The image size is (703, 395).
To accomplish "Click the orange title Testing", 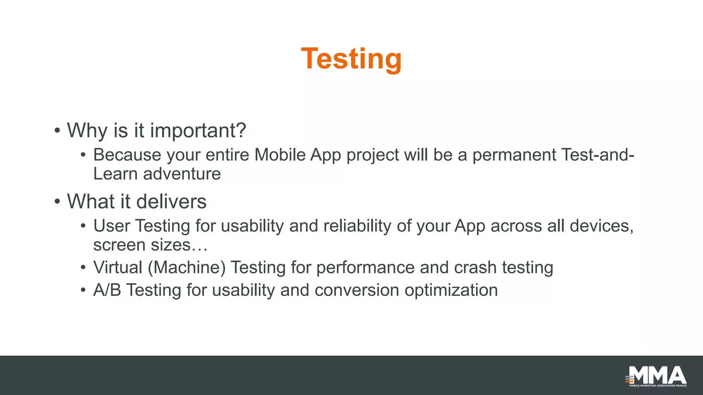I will [x=351, y=59].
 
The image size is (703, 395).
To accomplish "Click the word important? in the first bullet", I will [x=198, y=131].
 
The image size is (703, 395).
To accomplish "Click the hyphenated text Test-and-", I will [x=598, y=155].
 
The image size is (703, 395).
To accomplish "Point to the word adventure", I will [x=182, y=174].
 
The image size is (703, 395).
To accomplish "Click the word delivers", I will [x=171, y=202].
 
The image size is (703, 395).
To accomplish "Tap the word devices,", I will [x=601, y=226].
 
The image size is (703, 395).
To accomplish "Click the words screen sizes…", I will [x=150, y=245].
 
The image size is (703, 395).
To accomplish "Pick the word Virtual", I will [x=118, y=267].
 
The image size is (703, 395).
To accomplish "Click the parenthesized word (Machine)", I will [x=187, y=267].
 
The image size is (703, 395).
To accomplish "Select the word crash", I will [x=475, y=267].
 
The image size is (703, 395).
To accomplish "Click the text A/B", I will [x=107, y=290].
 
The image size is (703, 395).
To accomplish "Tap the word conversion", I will [x=357, y=290].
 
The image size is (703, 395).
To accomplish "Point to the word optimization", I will [x=451, y=290].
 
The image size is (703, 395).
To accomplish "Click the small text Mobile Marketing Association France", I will [x=658, y=386].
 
